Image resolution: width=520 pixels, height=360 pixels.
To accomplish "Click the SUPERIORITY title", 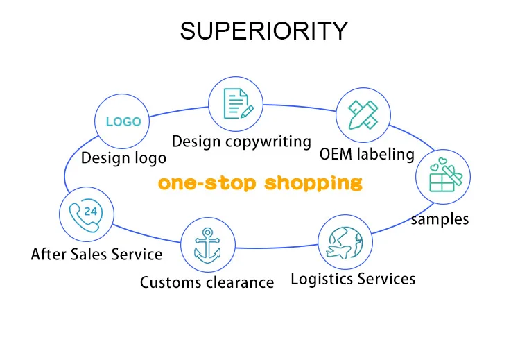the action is pyautogui.click(x=264, y=31).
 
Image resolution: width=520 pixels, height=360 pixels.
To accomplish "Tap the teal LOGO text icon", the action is pyautogui.click(x=123, y=121).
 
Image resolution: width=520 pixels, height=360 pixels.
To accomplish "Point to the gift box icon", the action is pyautogui.click(x=443, y=177).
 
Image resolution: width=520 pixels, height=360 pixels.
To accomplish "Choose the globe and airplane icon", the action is pyautogui.click(x=345, y=243).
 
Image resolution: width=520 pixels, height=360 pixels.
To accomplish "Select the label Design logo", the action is pyautogui.click(x=123, y=157).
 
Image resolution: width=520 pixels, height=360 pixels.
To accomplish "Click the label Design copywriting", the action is pyautogui.click(x=241, y=142).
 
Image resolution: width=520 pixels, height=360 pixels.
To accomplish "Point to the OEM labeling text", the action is pyautogui.click(x=367, y=154).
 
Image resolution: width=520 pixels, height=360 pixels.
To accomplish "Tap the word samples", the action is pyautogui.click(x=440, y=219).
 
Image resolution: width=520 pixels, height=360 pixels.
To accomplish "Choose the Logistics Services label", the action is pyautogui.click(x=353, y=279).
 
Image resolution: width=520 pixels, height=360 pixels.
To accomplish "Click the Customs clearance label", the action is pyautogui.click(x=207, y=282).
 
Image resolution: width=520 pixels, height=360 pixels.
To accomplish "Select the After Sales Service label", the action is pyautogui.click(x=96, y=254).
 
